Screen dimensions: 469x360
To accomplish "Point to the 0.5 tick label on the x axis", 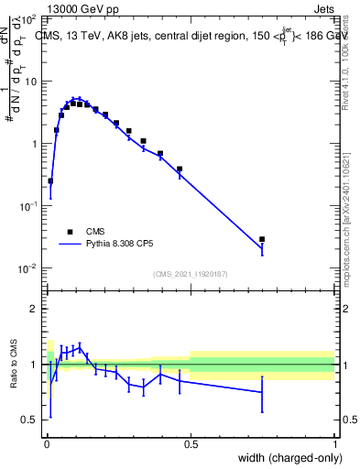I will click(x=191, y=443).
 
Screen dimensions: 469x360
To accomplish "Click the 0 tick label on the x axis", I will click(x=47, y=443).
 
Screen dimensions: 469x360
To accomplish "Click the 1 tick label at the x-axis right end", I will click(x=335, y=443).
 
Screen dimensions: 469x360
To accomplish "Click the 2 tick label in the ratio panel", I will click(x=34, y=310).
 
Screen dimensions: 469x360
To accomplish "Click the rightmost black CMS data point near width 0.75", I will click(x=262, y=239).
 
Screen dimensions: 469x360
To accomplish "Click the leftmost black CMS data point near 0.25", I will click(x=50, y=181).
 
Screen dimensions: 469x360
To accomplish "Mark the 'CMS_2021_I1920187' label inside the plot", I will click(x=191, y=274).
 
